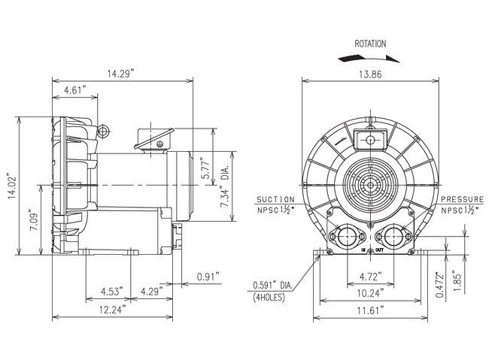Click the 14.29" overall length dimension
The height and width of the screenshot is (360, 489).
(120, 73)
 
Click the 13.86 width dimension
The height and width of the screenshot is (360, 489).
(369, 73)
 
